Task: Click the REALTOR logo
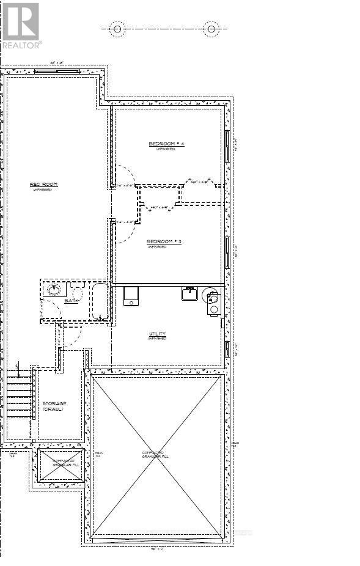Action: click(x=21, y=26)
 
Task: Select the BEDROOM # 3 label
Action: click(x=164, y=242)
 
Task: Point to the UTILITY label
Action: click(x=157, y=334)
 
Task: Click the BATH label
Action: click(x=72, y=301)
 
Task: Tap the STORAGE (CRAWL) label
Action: click(x=54, y=406)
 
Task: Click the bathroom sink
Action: click(x=54, y=289)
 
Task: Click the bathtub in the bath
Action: click(x=100, y=301)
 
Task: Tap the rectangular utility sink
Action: click(x=189, y=293)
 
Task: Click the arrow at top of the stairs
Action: click(x=19, y=369)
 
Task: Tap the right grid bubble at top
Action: click(x=211, y=29)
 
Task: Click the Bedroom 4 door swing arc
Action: click(x=123, y=174)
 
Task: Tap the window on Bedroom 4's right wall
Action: click(x=227, y=147)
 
